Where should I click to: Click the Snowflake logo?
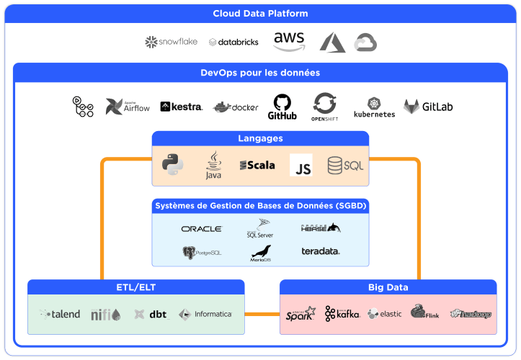point(171,42)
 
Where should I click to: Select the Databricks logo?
point(233,42)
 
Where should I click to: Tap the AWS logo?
point(289,41)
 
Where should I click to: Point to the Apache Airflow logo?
point(128,107)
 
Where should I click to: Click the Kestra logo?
point(181,107)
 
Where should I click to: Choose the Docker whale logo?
point(236,107)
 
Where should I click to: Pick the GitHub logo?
point(282,107)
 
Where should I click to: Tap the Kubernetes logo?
point(374,107)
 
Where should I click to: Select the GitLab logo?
point(428,107)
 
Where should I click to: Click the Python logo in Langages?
point(172,165)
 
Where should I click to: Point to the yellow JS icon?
point(301,166)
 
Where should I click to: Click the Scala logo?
point(257,165)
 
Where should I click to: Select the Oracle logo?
point(202,228)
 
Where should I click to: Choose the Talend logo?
point(60,314)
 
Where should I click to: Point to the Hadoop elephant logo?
point(470,314)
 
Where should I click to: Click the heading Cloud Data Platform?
point(260,14)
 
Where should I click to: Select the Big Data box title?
point(388,287)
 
